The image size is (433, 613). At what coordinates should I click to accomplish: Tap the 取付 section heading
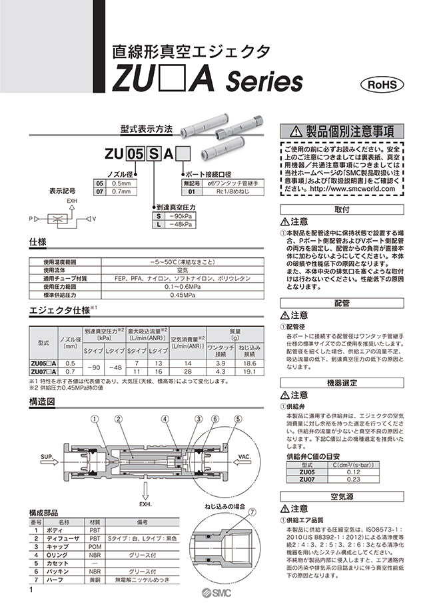[x=340, y=209]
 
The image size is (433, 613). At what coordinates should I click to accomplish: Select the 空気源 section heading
[x=340, y=497]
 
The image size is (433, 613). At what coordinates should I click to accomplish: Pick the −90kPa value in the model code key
[x=180, y=216]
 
